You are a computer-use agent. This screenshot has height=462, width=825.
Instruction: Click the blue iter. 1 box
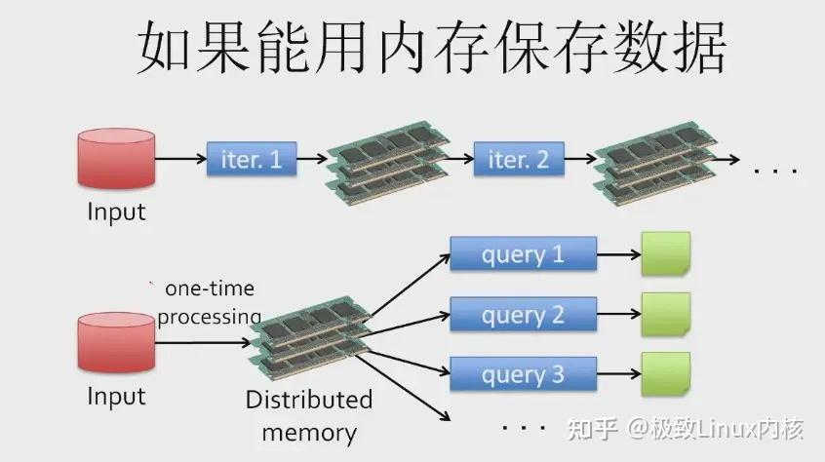(x=252, y=159)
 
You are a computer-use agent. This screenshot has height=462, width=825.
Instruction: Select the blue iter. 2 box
(x=519, y=159)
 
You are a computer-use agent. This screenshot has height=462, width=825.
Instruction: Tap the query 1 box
(x=523, y=255)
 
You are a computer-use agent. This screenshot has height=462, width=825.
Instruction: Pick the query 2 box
(x=523, y=315)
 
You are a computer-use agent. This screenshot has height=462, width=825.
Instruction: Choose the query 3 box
(x=523, y=374)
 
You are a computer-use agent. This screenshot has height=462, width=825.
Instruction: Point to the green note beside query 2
(x=665, y=314)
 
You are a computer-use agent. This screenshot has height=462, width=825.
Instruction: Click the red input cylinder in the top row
(x=116, y=158)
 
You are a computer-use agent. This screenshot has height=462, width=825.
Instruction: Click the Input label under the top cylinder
(x=116, y=212)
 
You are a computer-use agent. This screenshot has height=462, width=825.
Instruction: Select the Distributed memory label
(x=309, y=416)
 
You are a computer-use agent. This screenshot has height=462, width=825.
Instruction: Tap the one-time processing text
(x=209, y=302)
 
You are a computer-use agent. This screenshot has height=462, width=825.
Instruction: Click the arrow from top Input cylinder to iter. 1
(x=180, y=159)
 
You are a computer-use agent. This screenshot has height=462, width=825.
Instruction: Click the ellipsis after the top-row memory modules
(x=776, y=172)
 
